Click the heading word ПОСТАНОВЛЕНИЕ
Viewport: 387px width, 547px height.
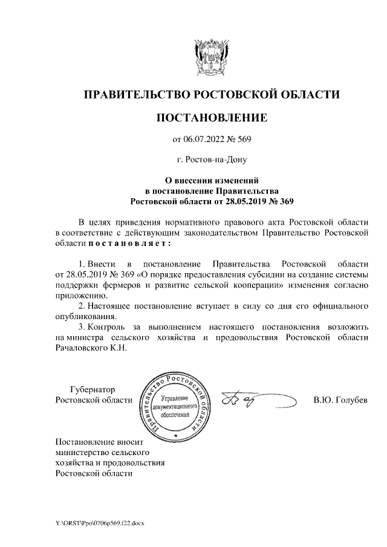pos(211,117)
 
